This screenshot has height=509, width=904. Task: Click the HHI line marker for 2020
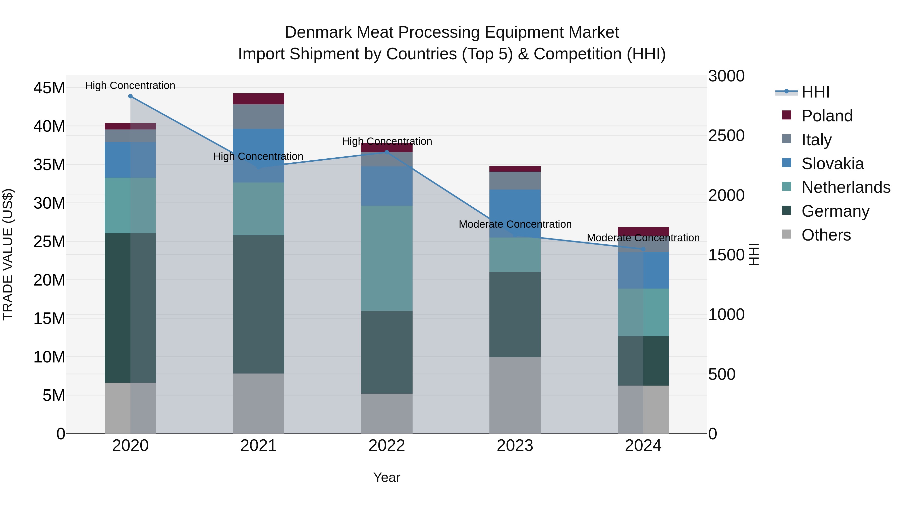click(130, 96)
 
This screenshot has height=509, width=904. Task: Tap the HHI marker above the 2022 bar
click(387, 152)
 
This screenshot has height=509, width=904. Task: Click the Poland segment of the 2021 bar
click(258, 99)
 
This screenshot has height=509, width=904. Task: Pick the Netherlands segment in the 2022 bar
click(387, 258)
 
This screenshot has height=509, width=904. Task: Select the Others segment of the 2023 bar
click(515, 395)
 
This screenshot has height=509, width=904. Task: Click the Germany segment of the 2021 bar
click(258, 304)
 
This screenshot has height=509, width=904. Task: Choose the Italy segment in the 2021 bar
click(258, 116)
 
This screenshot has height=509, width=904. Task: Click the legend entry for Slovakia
click(832, 164)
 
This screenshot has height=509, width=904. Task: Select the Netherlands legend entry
click(845, 187)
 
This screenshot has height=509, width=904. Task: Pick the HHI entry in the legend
click(815, 92)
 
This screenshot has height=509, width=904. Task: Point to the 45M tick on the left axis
click(49, 88)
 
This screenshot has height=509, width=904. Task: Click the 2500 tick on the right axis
click(726, 135)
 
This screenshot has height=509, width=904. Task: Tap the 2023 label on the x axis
click(515, 446)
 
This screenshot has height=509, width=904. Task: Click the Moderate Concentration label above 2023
click(515, 224)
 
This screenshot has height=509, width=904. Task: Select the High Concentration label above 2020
click(130, 85)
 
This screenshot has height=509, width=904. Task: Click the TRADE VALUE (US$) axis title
click(8, 254)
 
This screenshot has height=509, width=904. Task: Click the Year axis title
click(387, 477)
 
